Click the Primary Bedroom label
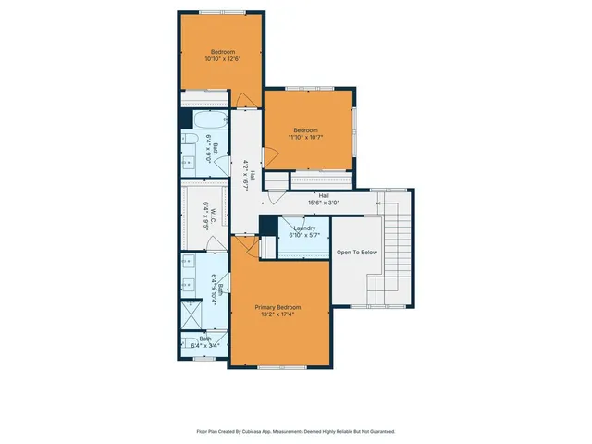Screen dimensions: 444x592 (278, 307)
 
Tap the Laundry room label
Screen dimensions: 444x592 (304, 228)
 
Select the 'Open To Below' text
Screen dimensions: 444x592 (356, 252)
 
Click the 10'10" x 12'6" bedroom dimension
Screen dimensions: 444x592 (223, 59)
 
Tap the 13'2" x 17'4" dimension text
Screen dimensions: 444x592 (278, 314)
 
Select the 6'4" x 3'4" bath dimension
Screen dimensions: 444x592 (205, 346)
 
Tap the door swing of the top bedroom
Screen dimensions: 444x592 (244, 98)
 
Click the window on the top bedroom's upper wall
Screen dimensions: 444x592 (223, 12)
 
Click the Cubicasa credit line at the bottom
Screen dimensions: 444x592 (296, 431)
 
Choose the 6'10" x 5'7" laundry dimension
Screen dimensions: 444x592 (304, 235)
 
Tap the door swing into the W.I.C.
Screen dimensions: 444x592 (217, 242)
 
